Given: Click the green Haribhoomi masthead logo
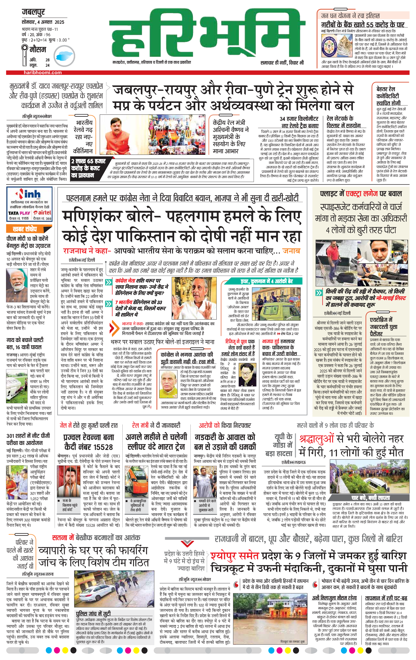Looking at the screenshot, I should coord(207,34).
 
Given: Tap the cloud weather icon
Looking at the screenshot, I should coord(64,56).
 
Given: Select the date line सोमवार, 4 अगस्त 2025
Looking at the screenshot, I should coord(43,22).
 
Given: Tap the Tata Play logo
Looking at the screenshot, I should coord(19,213).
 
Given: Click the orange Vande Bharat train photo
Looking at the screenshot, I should coord(136,482).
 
